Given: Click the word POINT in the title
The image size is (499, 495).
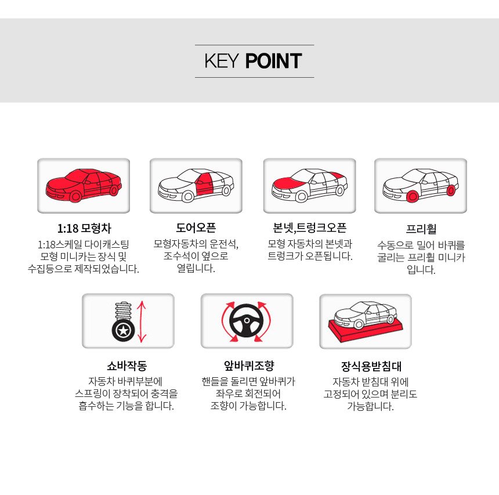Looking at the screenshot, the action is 273,61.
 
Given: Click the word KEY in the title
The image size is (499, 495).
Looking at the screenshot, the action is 221,61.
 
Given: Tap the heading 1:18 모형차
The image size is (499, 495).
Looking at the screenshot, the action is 84,228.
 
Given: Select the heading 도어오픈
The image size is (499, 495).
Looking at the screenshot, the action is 196,227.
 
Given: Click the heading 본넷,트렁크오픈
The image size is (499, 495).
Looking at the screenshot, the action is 310,227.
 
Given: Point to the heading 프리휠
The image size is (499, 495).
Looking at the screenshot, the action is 421,229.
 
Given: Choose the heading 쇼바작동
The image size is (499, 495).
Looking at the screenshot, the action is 126,366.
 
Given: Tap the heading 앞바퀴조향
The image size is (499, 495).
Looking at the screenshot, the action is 249,366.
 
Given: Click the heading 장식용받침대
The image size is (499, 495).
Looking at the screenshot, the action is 371,366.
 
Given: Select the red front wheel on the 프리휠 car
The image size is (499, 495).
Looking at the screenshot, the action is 413,196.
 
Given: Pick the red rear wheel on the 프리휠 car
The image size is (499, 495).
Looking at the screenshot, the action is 451,190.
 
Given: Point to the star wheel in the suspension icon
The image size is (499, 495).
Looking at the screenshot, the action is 123,331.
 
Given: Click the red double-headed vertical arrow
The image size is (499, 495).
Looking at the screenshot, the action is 142,321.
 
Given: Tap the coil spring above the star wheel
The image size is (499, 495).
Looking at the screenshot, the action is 124,311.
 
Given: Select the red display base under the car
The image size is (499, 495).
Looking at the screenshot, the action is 365,331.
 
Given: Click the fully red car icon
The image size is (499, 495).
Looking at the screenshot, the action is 84,185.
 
